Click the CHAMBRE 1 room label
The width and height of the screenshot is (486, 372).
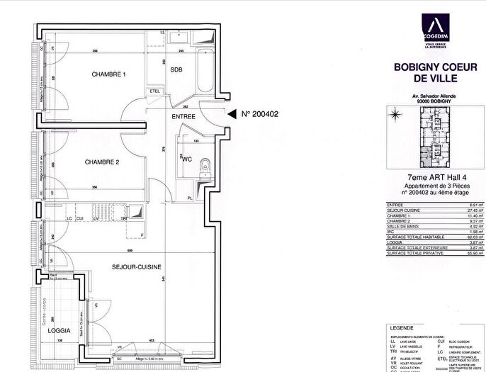tap(108, 74)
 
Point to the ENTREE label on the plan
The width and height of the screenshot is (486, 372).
tap(183, 115)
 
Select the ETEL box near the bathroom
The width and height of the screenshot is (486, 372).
tap(154, 91)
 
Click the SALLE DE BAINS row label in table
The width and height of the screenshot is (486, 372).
tap(400, 224)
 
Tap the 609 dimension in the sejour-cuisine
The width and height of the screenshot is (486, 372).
tap(130, 251)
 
